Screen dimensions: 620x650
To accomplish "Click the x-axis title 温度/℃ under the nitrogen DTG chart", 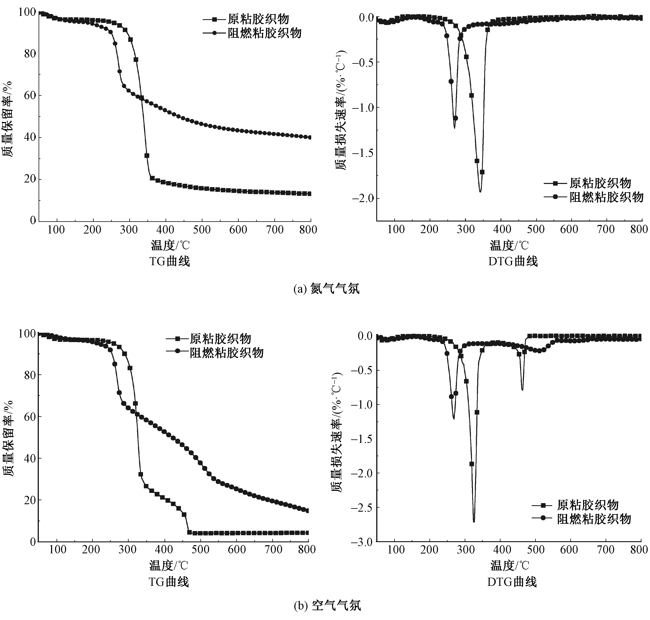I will coord(509,245).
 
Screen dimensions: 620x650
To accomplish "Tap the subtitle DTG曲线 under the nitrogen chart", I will coord(513,261).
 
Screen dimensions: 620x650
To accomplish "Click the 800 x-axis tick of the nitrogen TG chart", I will coord(308,229).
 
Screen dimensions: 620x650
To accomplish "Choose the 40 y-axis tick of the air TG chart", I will coord(30,458).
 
